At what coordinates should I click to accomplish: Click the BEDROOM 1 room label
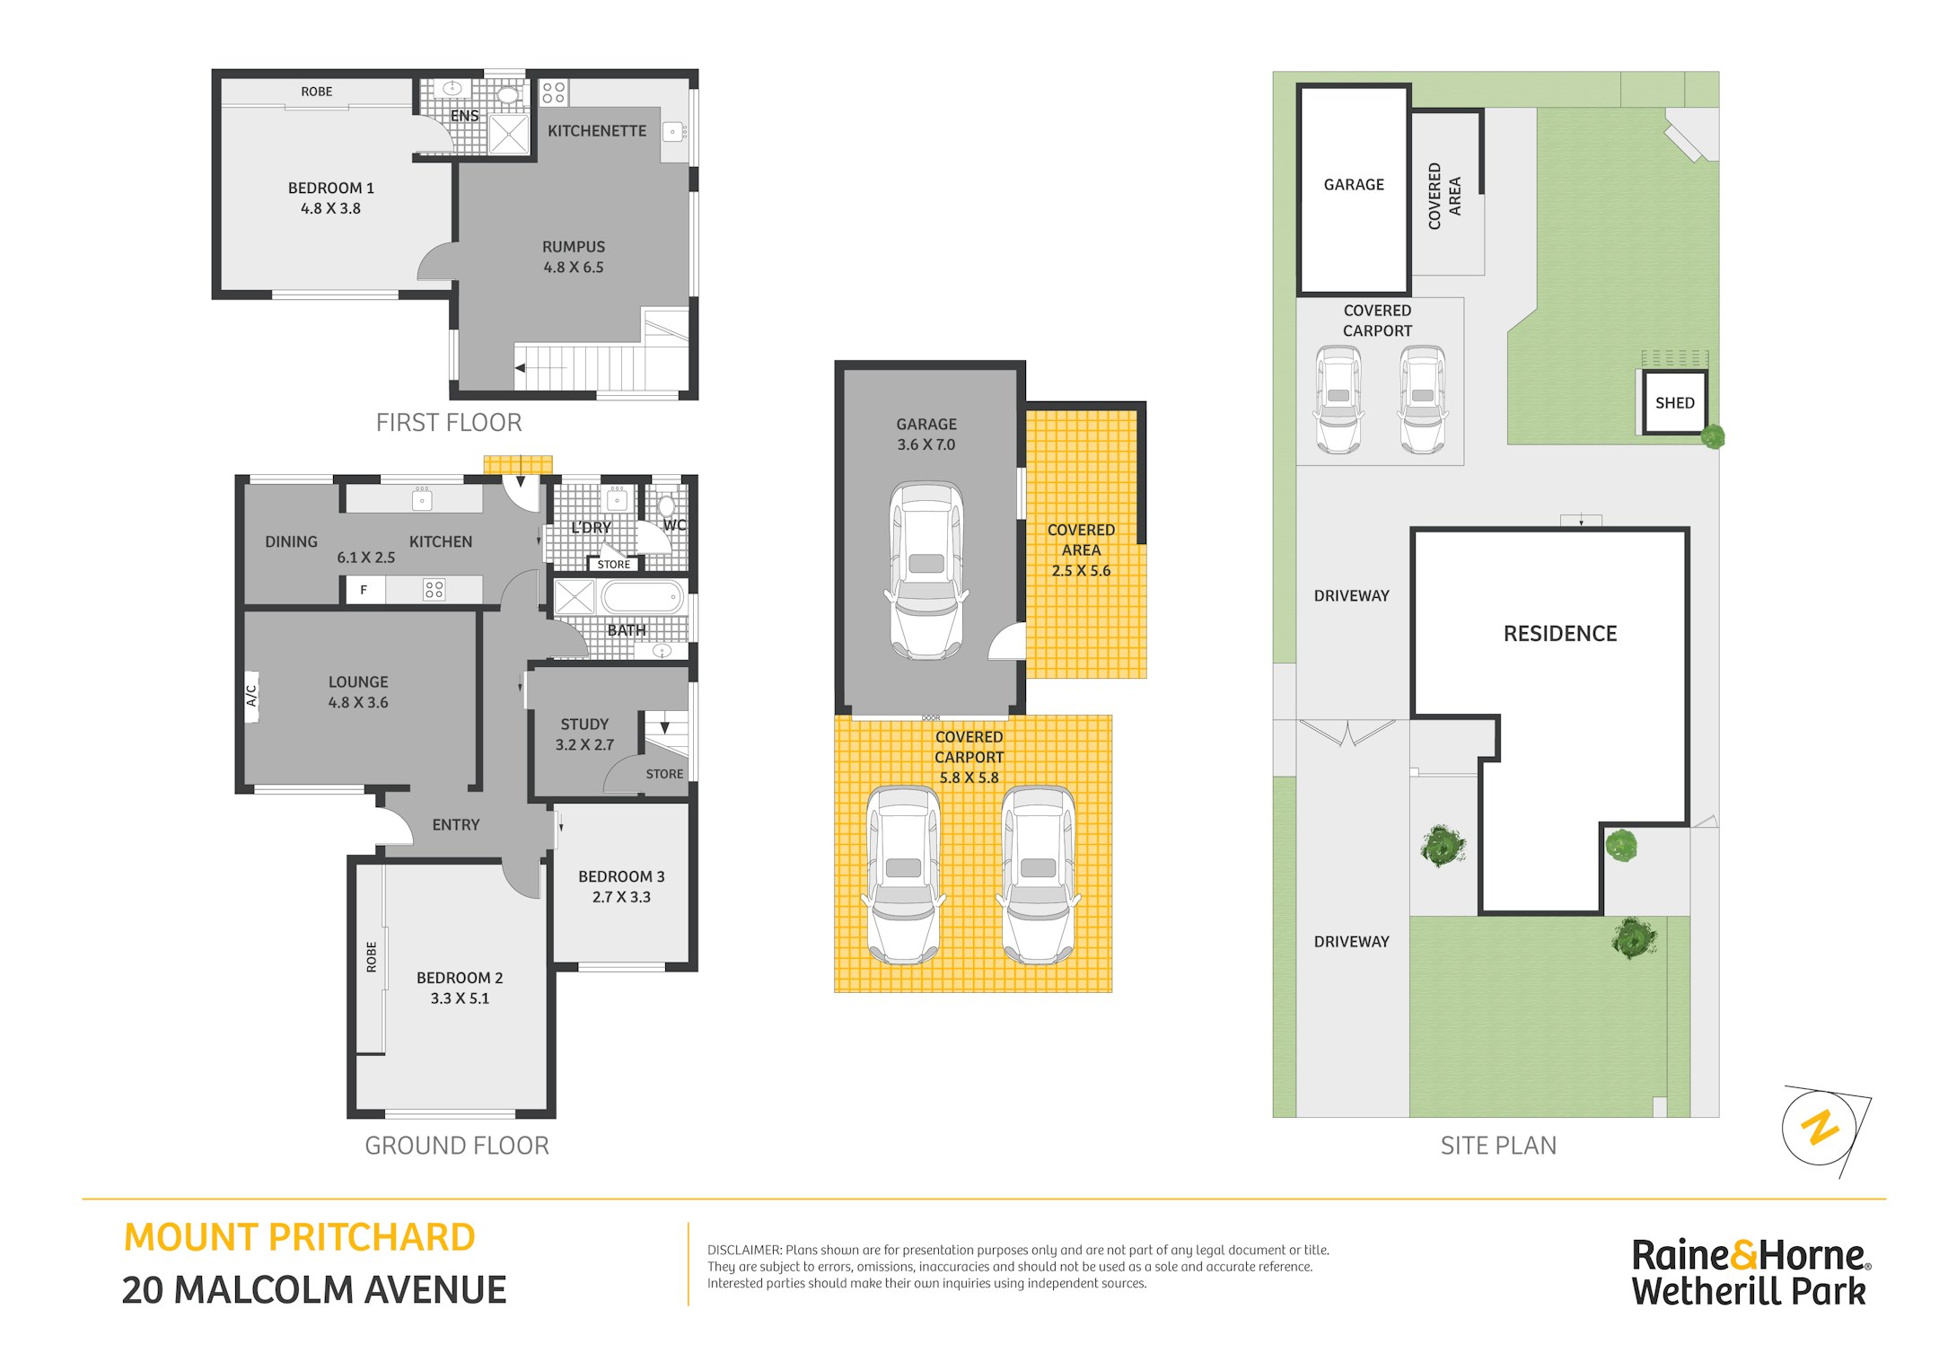(x=330, y=188)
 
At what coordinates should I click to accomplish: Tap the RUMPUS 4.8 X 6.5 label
(x=574, y=257)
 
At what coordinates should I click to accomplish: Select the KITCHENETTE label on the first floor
(x=597, y=131)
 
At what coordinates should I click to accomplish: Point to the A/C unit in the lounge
(x=251, y=696)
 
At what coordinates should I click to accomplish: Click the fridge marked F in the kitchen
(x=364, y=590)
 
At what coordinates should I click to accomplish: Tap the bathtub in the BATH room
(x=642, y=596)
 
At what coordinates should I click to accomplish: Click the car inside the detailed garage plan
(x=926, y=570)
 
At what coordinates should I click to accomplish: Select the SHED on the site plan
(x=1675, y=402)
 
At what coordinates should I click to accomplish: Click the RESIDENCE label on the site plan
(x=1560, y=634)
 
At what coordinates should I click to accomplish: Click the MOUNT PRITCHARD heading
(x=299, y=1237)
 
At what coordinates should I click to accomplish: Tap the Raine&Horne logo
(x=1750, y=1272)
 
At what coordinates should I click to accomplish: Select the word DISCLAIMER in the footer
(x=744, y=1250)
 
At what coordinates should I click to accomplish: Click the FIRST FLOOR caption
(x=449, y=423)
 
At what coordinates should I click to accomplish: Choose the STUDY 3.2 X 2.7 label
(x=584, y=734)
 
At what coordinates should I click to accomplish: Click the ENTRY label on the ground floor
(x=456, y=825)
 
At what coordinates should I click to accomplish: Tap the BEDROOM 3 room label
(x=621, y=876)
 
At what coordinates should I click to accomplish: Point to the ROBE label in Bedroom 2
(x=372, y=957)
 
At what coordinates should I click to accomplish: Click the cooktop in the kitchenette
(x=554, y=92)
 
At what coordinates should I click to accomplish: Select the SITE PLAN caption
(x=1498, y=1146)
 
